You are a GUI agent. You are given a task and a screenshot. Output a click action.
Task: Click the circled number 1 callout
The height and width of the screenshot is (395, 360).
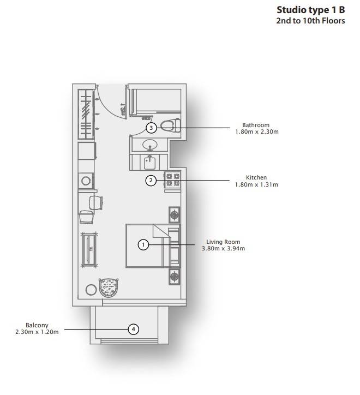tap(143, 244)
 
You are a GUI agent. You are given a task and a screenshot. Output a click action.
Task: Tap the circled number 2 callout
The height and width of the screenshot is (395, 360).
tap(151, 181)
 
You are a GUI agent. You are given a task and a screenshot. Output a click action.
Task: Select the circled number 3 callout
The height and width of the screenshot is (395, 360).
tap(151, 128)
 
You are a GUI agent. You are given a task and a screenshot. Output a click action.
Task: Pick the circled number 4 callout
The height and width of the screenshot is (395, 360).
tap(134, 329)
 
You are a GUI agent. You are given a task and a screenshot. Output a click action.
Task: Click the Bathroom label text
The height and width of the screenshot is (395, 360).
tap(256, 125)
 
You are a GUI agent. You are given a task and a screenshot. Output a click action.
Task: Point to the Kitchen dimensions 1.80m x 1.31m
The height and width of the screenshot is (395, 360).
tap(256, 184)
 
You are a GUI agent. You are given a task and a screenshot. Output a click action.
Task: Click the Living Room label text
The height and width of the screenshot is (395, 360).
tap(223, 242)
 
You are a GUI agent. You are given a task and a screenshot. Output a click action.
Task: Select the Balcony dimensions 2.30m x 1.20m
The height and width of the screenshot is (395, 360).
tap(37, 332)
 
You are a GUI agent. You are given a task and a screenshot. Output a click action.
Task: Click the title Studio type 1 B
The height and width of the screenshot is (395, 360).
tap(311, 10)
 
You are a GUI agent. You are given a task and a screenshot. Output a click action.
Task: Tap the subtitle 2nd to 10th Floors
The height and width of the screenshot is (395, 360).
tap(310, 21)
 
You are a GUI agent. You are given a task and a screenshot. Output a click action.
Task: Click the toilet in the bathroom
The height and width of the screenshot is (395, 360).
tap(171, 125)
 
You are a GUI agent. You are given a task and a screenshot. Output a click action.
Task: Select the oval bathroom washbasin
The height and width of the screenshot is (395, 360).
tap(150, 145)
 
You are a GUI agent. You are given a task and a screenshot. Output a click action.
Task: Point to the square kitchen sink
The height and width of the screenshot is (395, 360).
tap(149, 163)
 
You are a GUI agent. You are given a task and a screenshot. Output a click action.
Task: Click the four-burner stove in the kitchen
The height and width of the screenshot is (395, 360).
tap(172, 179)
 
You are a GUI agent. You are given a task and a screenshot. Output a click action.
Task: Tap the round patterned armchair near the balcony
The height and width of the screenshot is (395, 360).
tap(109, 288)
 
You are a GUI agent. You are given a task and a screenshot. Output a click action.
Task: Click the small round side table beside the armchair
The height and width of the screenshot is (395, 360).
tap(91, 290)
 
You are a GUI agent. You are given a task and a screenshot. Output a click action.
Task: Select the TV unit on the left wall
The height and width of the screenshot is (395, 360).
tap(89, 250)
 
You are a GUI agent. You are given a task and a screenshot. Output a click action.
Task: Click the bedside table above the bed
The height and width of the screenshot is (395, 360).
tap(175, 215)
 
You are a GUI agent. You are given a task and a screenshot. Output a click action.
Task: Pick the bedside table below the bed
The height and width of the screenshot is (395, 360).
tap(175, 277)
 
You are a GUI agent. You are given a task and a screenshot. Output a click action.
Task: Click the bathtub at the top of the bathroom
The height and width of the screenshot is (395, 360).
tap(155, 102)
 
